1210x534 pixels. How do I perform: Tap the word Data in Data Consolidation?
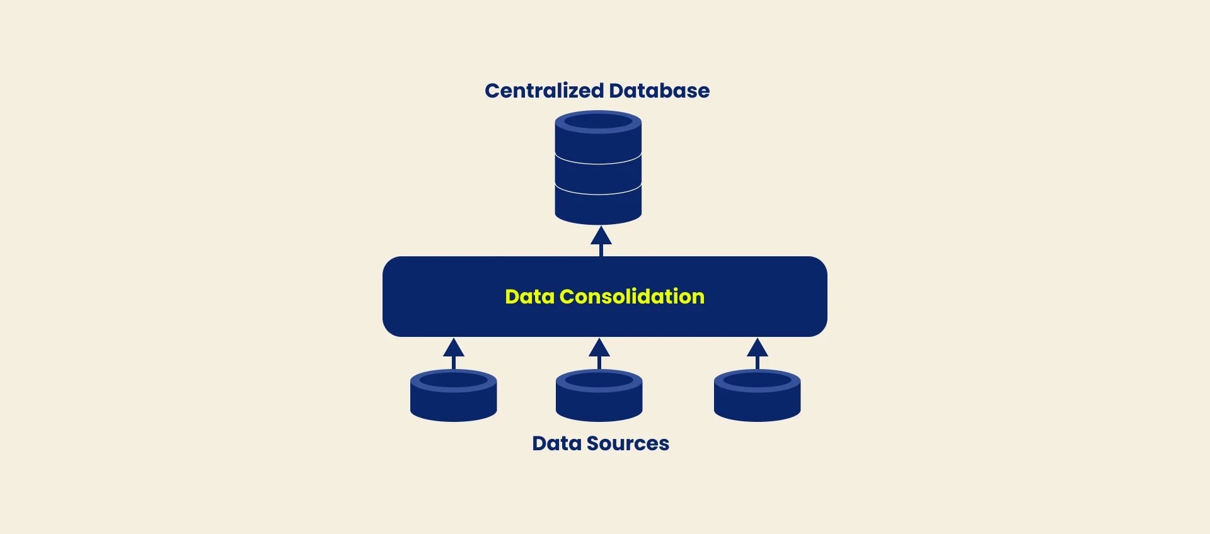tap(529, 297)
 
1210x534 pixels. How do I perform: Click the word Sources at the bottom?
tap(627, 443)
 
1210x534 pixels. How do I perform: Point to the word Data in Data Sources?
tap(556, 443)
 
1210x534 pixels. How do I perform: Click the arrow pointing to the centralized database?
tap(601, 240)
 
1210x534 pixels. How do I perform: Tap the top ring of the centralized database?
tap(598, 121)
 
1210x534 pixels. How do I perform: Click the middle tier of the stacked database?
tap(598, 174)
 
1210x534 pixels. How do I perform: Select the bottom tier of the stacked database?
tap(598, 207)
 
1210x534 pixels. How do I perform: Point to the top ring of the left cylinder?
tap(453, 380)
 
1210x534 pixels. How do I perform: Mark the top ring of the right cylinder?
tap(757, 380)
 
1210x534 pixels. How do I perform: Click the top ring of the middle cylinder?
tap(599, 380)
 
